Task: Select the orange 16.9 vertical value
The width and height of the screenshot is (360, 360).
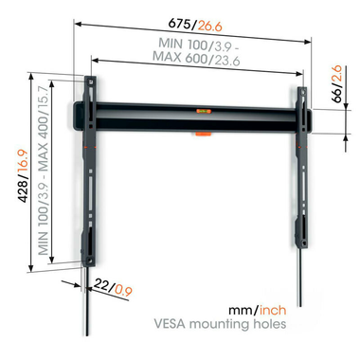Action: (x=14, y=175)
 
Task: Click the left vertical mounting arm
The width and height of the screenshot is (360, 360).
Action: (x=93, y=171)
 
